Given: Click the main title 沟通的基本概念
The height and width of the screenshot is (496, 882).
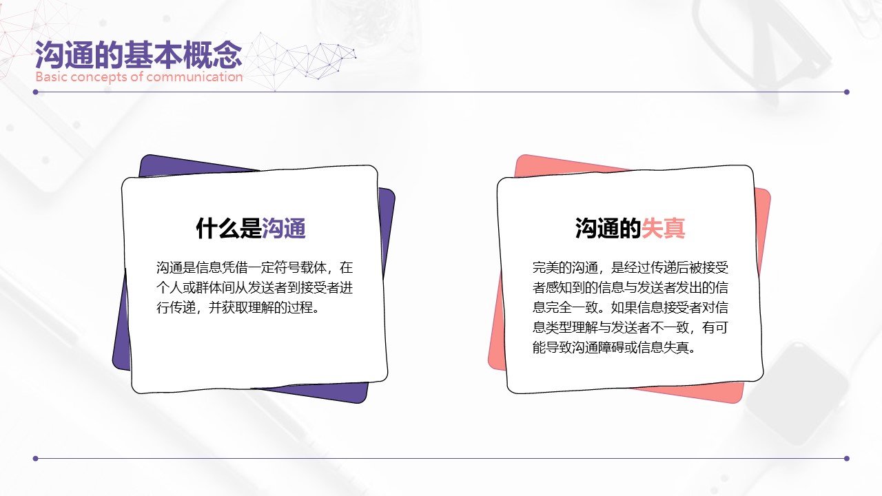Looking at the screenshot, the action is pos(139,54).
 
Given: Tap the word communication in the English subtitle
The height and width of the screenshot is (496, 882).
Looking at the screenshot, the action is pos(194,76).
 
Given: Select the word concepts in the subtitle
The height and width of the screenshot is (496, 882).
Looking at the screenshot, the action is pos(100,77).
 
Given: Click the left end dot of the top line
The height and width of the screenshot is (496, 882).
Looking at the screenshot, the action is pos(35,92).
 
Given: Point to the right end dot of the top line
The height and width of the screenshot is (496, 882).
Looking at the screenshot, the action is pos(847,92).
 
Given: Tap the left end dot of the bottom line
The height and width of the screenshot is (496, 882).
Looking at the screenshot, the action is pos(35,458).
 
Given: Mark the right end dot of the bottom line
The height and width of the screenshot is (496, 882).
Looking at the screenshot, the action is pos(847,458).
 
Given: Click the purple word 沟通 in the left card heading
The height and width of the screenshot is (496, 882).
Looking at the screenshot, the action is pos(284,228).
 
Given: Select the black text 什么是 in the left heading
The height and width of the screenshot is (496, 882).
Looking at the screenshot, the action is pos(229,228).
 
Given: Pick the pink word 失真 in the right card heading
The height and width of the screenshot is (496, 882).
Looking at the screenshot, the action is pos(664,228).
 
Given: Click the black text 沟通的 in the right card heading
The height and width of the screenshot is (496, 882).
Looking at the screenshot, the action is pos(608,228).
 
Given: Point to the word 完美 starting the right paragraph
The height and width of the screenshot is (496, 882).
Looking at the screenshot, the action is pos(545,268).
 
